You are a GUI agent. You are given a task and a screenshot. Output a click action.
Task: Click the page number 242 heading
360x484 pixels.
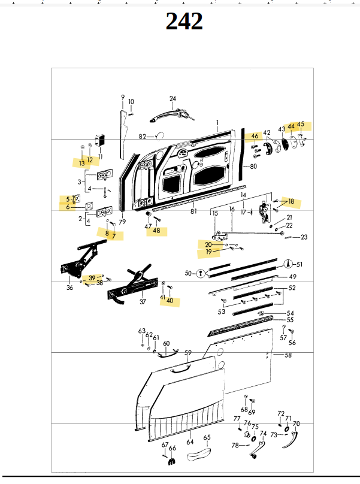pos(184,22)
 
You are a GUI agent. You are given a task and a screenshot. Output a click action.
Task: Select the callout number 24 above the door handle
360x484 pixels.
pos(173,99)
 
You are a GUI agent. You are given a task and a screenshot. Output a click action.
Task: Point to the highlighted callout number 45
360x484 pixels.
pos(301,125)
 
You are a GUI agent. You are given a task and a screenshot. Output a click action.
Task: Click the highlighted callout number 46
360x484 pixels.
pos(255,137)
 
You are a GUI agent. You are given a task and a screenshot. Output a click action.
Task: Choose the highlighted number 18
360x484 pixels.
pos(291,202)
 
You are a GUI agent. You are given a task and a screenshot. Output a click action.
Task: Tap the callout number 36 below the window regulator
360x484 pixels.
pos(69,288)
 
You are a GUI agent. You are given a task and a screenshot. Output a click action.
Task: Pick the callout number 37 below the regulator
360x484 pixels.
pos(143,301)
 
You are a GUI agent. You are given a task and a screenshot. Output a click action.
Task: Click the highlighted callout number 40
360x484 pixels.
pos(170,301)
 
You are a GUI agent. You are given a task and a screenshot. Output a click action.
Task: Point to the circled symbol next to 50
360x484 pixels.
pos(199,273)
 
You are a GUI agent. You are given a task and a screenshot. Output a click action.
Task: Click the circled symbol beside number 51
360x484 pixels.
pos(289,264)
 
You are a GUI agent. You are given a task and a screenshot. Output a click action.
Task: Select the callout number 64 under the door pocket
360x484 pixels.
pos(189,442)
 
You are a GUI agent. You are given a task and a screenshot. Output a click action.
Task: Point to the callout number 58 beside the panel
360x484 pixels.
pos(288,355)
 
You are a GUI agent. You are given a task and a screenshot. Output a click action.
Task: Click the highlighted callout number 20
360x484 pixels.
pos(208,244)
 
